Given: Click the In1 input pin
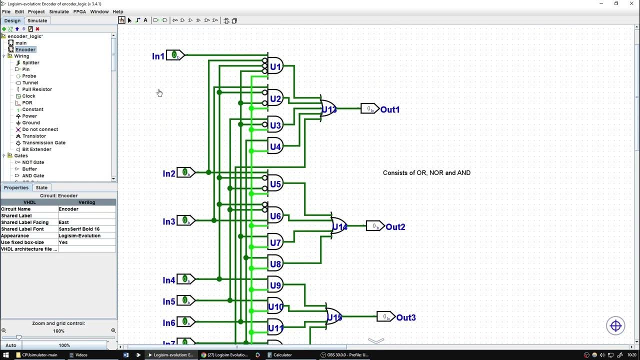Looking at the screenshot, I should tap(174, 55).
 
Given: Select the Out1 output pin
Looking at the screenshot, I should tap(369, 109).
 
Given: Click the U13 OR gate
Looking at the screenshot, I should tap(328, 109).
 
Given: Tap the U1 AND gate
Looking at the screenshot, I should tap(275, 66).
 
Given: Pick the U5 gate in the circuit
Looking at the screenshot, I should tap(275, 184).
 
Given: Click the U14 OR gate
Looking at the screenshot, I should tap(339, 226).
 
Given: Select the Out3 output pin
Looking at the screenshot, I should tap(385, 317).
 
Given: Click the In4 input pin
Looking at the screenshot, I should tap(185, 279).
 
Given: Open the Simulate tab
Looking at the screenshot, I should tap(37, 20).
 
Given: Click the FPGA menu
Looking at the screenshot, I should tap(79, 11).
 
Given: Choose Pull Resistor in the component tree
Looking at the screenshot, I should tap(37, 89).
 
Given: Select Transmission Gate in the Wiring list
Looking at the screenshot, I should tap(43, 142).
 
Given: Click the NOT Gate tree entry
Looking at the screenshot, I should tap(33, 162).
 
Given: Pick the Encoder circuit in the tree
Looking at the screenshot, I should tap(25, 49).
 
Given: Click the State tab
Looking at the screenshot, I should tap(41, 187).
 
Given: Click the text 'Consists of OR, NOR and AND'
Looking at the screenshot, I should tap(426, 173).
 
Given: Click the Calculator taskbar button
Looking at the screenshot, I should tap(282, 355).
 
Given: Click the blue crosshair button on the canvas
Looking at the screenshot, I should tap(615, 326).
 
